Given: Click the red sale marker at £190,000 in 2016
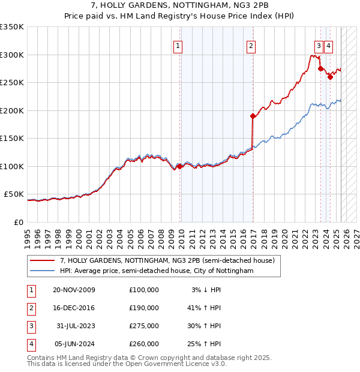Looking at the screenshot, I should point(253,116).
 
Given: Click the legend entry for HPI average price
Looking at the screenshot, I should point(156,271).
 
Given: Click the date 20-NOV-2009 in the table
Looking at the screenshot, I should point(73,290).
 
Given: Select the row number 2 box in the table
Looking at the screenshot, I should point(30,308).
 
